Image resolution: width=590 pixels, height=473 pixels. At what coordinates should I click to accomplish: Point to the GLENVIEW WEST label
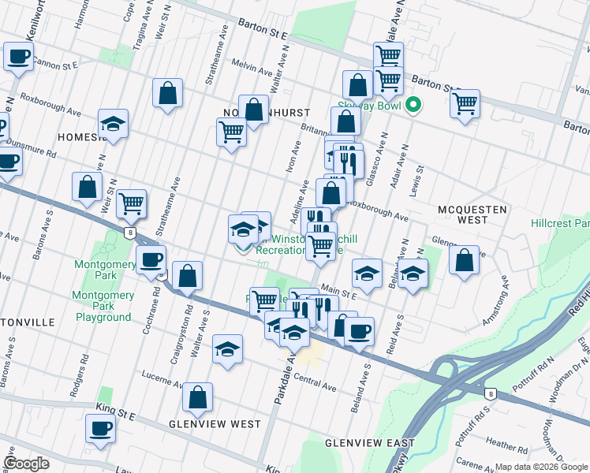[x=215, y=424]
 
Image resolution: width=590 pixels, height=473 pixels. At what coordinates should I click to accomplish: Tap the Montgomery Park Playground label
[x=103, y=306]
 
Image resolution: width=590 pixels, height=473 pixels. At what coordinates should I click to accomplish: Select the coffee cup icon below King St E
[x=100, y=429]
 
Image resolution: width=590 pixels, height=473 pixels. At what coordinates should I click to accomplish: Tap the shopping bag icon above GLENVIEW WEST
[x=198, y=398]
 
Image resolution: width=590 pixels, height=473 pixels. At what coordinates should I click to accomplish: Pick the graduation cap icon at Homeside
[x=114, y=124]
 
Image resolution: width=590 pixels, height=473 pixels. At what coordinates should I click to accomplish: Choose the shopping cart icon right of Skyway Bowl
[x=465, y=102]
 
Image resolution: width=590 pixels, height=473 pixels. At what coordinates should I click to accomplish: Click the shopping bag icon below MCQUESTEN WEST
[x=465, y=259]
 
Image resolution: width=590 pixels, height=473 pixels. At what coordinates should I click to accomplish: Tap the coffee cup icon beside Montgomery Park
[x=151, y=259]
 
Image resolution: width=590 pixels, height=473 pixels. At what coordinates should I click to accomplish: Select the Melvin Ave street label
[x=251, y=67]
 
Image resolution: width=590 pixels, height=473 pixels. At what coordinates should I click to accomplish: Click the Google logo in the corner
[x=26, y=463]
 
